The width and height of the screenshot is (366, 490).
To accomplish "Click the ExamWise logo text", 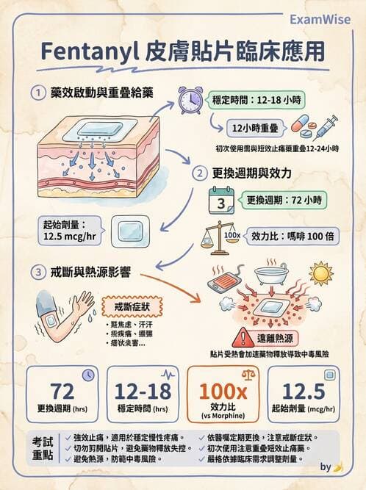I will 322,18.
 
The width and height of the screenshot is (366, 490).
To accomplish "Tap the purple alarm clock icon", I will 190,100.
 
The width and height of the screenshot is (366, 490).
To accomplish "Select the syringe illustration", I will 325,126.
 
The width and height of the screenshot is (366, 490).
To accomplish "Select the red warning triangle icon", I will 240,339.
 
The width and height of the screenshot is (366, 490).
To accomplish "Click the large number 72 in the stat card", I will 62,390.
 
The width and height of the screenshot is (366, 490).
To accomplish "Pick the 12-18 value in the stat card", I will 141,390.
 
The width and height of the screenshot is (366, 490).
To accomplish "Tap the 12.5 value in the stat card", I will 304,390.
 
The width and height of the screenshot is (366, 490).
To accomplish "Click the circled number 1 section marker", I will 37,93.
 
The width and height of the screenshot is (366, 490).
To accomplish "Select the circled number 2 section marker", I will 198,174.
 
